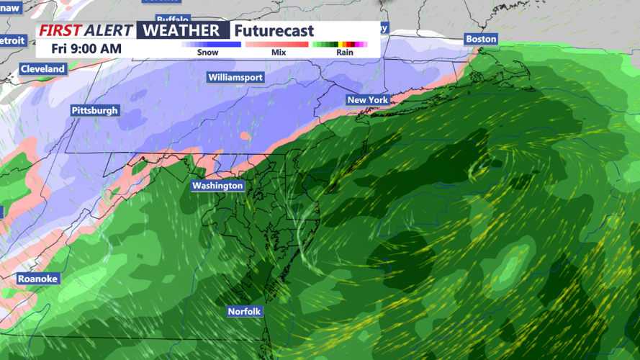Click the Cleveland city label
click(x=43, y=69)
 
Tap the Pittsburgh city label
click(x=94, y=111)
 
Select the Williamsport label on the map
click(x=235, y=77)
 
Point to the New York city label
click(x=367, y=100)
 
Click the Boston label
click(x=481, y=39)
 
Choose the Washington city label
click(x=217, y=186)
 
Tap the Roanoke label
click(x=38, y=279)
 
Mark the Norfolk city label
click(x=245, y=312)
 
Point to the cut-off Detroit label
click(x=13, y=41)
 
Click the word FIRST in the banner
click(x=60, y=30)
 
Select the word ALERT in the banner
click(x=109, y=30)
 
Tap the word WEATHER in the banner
click(x=182, y=30)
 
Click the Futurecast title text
click(x=274, y=31)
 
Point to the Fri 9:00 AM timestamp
click(x=86, y=49)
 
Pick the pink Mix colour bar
click(x=277, y=44)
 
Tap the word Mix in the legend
click(x=278, y=53)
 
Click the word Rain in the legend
click(x=344, y=53)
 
